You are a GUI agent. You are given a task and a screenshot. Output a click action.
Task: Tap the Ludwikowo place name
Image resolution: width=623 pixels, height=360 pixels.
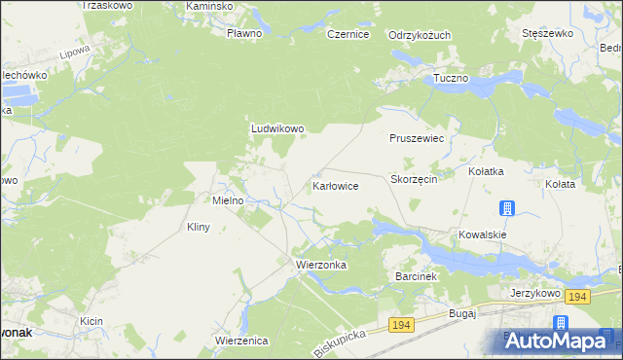[278, 127]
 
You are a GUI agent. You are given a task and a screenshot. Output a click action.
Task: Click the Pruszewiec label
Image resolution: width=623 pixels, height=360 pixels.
[417, 139]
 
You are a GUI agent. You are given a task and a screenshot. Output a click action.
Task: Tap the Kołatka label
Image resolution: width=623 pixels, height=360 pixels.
[486, 171]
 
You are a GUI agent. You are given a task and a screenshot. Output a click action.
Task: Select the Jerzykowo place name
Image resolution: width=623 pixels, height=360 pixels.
[534, 292]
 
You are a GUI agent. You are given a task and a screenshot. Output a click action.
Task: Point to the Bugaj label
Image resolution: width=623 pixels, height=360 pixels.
[461, 313]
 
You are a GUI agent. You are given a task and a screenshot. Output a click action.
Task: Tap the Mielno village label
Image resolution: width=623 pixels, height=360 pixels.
[234, 200]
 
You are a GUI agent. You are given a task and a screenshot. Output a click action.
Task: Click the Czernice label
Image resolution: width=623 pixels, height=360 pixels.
[348, 34]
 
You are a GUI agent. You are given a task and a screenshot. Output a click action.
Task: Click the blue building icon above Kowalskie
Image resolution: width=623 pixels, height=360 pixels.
[507, 208]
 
